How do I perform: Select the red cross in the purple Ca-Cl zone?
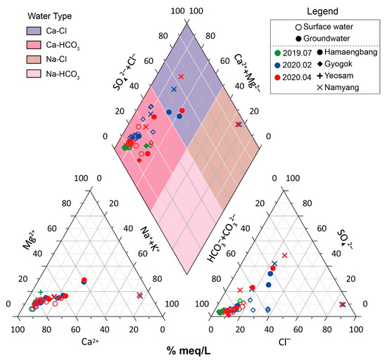coord(181,76)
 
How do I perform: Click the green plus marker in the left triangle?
coord(41,292)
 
